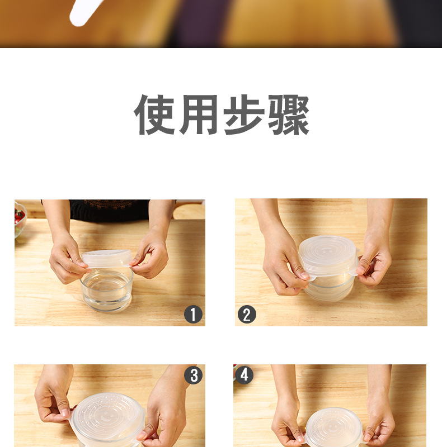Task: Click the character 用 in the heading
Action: click(x=200, y=115)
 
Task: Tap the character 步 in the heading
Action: click(x=244, y=115)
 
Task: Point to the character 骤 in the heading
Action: click(x=288, y=115)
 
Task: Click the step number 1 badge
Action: click(x=193, y=315)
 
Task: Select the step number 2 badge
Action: click(x=247, y=315)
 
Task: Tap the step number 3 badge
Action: click(x=193, y=375)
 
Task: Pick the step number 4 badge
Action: click(x=244, y=375)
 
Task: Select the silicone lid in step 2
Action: click(x=327, y=256)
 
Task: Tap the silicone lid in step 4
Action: click(x=335, y=428)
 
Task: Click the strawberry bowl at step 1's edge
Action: click(x=20, y=218)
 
